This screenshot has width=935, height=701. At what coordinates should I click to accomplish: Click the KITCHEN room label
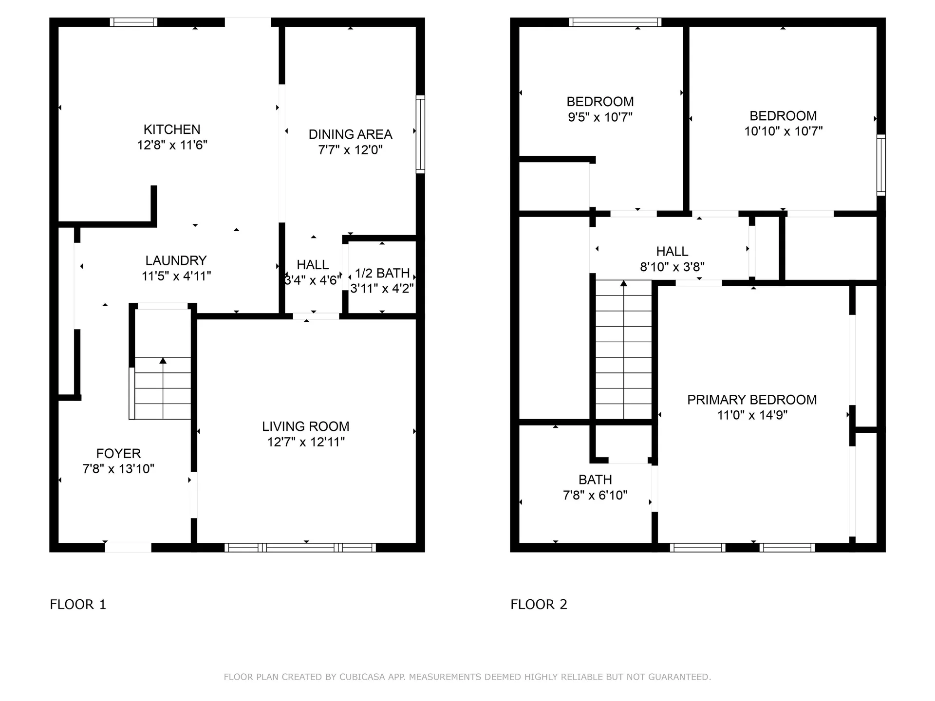172,129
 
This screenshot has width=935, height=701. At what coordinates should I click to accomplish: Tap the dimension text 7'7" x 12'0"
350,150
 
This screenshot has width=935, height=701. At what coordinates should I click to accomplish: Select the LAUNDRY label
176,260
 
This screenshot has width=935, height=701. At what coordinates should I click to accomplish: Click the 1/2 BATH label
382,273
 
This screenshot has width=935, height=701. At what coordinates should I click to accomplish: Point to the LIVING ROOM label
306,426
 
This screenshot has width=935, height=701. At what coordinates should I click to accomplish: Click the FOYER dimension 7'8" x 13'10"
118,469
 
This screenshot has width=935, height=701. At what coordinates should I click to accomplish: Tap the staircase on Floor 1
163,387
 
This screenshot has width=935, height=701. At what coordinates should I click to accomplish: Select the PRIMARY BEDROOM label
752,400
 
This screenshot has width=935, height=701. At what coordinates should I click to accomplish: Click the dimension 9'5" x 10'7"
600,117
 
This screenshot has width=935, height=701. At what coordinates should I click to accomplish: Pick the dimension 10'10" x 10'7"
783,131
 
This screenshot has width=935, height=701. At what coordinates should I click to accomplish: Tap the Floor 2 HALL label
672,252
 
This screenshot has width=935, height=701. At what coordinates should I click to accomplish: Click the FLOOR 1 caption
78,605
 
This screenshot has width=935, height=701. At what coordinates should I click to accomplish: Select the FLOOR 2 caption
539,605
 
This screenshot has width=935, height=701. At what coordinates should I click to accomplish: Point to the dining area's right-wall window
420,134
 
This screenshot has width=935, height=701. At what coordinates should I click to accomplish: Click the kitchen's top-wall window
133,22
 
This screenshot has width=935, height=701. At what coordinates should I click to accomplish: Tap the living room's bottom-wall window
300,548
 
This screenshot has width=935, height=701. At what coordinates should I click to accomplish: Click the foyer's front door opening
128,548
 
